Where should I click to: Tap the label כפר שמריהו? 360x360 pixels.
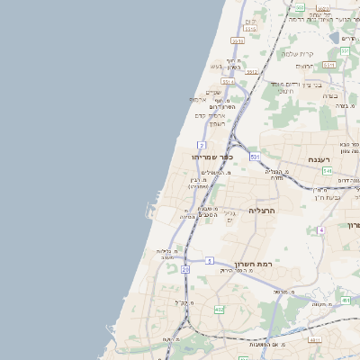[212, 157]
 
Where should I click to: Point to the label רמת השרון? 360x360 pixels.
[253, 263]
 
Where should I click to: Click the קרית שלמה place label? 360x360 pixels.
[297, 53]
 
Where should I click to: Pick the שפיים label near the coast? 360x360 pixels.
[213, 91]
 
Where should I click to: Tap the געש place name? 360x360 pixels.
[216, 66]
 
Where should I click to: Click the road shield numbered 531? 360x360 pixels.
[256, 157]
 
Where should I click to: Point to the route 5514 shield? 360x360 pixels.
[228, 81]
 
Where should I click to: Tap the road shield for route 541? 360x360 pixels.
[328, 171]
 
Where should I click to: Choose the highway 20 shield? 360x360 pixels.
[185, 268]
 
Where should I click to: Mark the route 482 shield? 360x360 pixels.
[219, 310]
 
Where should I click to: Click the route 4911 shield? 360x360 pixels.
[314, 339]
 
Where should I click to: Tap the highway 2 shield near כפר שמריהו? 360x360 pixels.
[202, 144]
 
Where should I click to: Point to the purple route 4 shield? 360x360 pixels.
[320, 230]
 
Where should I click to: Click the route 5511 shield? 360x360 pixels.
[238, 40]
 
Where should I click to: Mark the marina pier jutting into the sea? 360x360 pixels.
[148, 213]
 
